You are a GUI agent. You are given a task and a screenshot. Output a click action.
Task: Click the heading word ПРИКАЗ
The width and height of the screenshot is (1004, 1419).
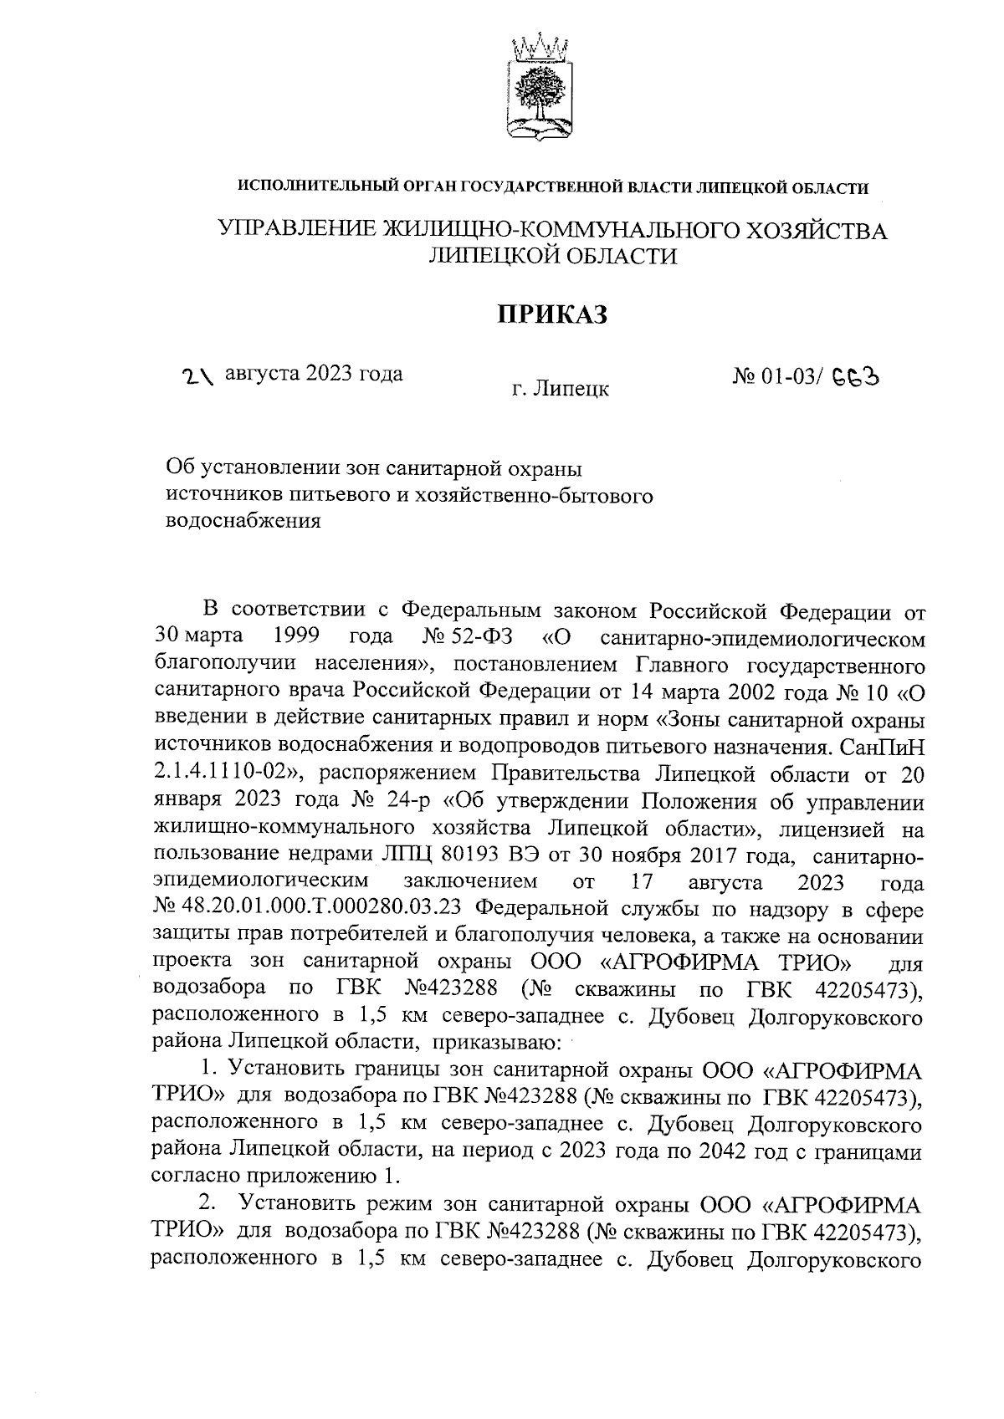click(551, 314)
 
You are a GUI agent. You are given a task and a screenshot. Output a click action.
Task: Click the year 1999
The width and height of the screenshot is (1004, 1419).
click(299, 637)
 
